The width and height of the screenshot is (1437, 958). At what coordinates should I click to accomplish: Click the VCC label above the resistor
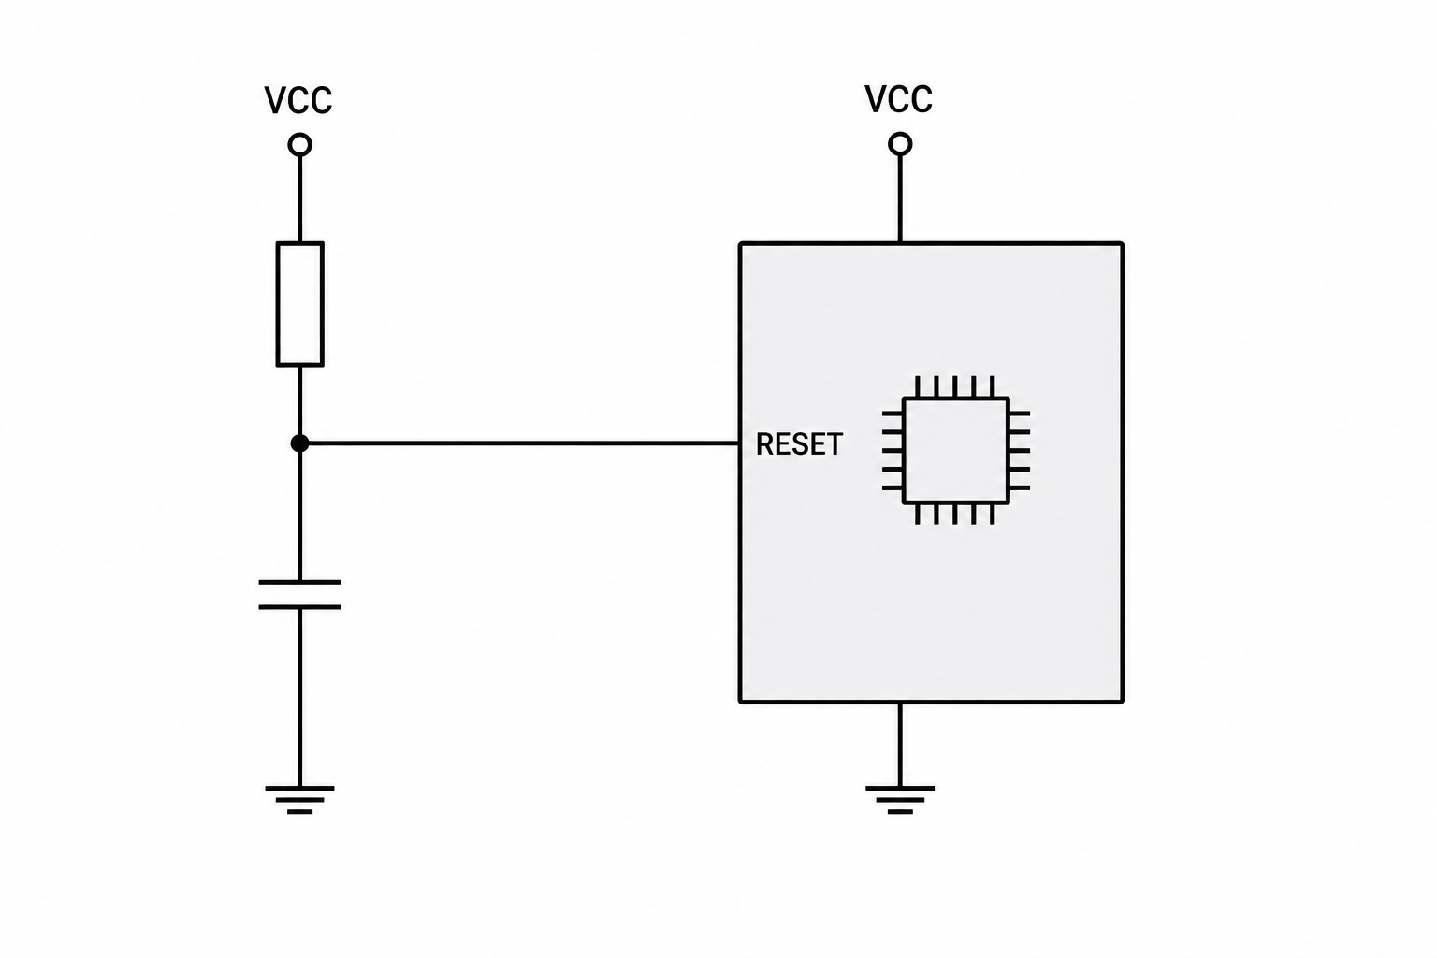pos(298,100)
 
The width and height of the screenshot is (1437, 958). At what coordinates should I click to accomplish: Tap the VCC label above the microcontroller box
pos(898,99)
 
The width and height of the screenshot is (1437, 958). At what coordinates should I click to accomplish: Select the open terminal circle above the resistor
pos(299,145)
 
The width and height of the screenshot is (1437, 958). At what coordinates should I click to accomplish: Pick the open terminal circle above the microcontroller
pos(900,144)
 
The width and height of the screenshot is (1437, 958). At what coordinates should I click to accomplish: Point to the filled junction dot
pos(299,443)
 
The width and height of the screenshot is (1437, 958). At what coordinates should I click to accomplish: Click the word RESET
pos(799,444)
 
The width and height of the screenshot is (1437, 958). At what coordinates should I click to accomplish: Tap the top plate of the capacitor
pos(299,582)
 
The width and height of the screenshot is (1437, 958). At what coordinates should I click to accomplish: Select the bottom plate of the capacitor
pos(299,607)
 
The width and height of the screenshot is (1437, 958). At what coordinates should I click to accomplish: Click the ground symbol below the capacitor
pos(299,800)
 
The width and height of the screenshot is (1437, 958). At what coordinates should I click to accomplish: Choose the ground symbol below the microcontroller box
pos(900,800)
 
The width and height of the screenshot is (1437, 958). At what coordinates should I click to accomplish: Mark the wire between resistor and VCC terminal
pos(299,199)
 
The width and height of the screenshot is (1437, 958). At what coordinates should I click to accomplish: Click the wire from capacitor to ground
pos(299,698)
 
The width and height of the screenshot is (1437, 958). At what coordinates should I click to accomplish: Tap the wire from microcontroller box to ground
pos(900,745)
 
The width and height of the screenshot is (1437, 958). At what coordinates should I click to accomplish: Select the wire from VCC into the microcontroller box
pos(900,199)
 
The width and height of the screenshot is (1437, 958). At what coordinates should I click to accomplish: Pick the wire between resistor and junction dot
pos(299,400)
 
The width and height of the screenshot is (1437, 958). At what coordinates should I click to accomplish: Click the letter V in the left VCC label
pos(277,101)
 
